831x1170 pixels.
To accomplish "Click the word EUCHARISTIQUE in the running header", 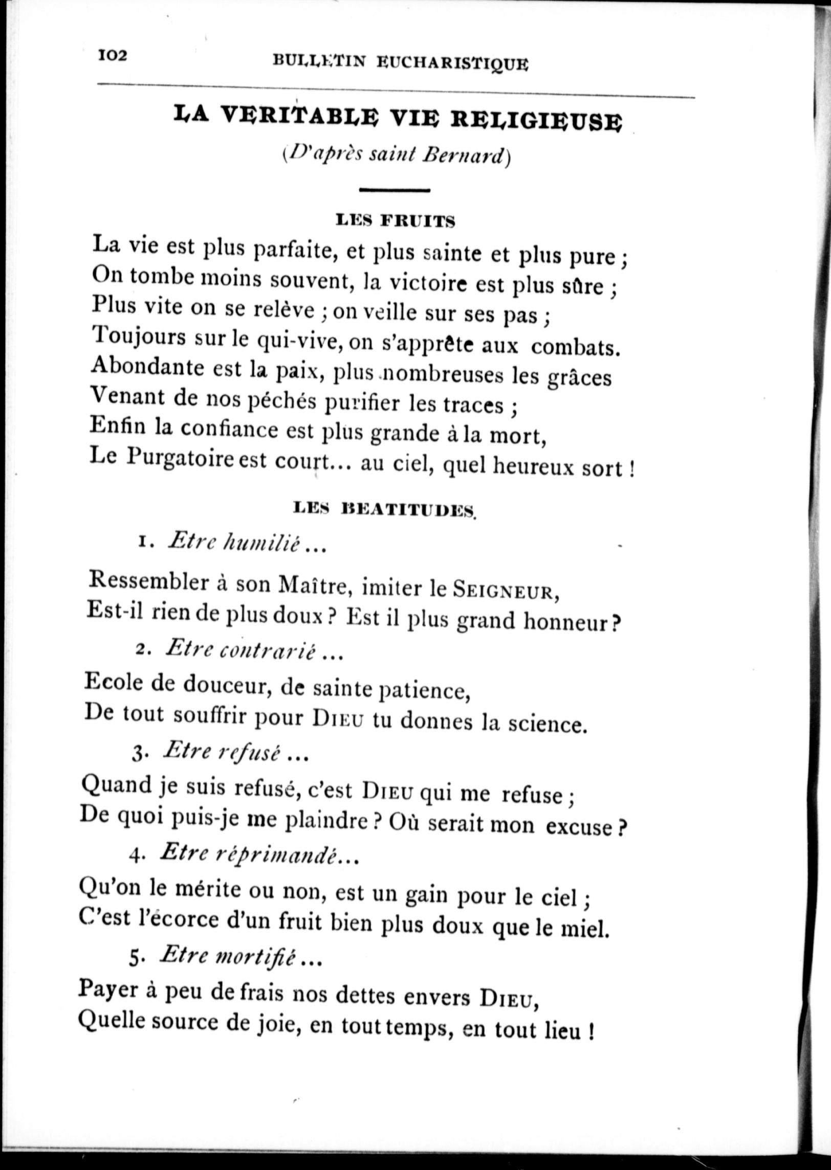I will (452, 63).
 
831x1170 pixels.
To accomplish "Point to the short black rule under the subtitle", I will (395, 191).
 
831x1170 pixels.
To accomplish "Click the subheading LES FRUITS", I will (395, 221).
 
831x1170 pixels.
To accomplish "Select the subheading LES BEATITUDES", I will (385, 509).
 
